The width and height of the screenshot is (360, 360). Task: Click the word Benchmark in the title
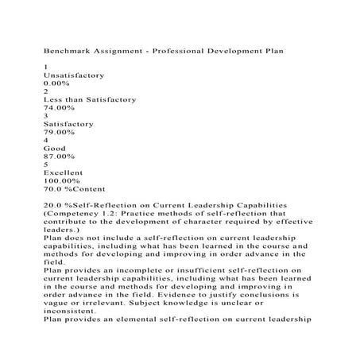click(x=72, y=51)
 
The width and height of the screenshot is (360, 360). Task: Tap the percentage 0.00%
click(x=58, y=82)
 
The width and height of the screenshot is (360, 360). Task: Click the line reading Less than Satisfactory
click(x=90, y=99)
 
